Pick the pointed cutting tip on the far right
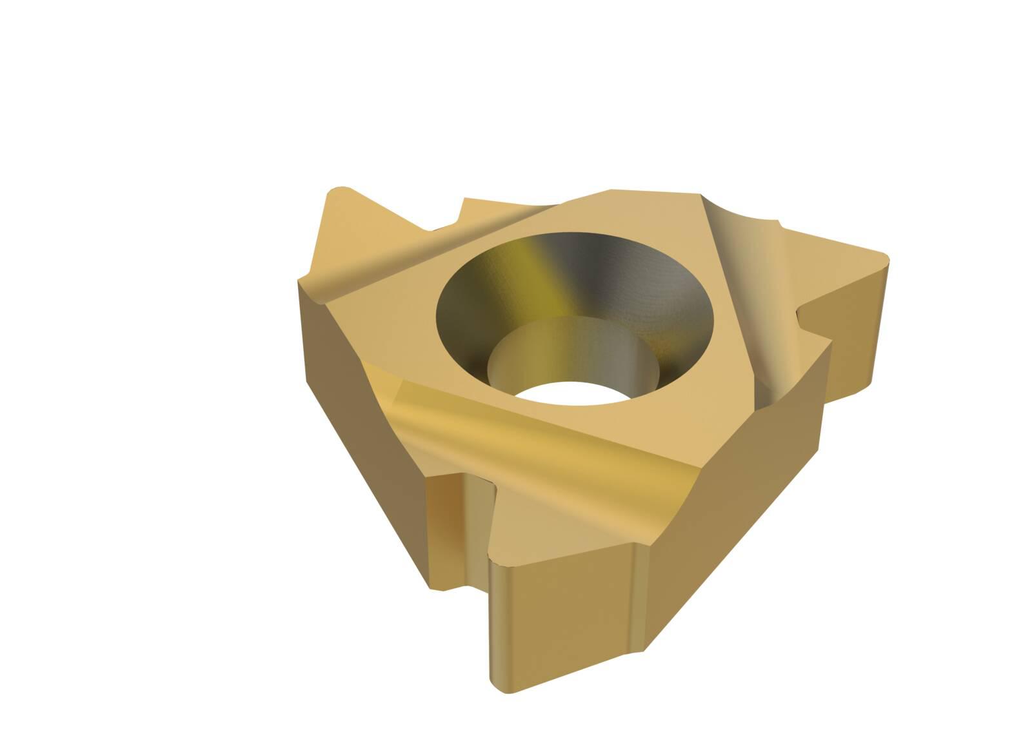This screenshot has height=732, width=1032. (x=884, y=258)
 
